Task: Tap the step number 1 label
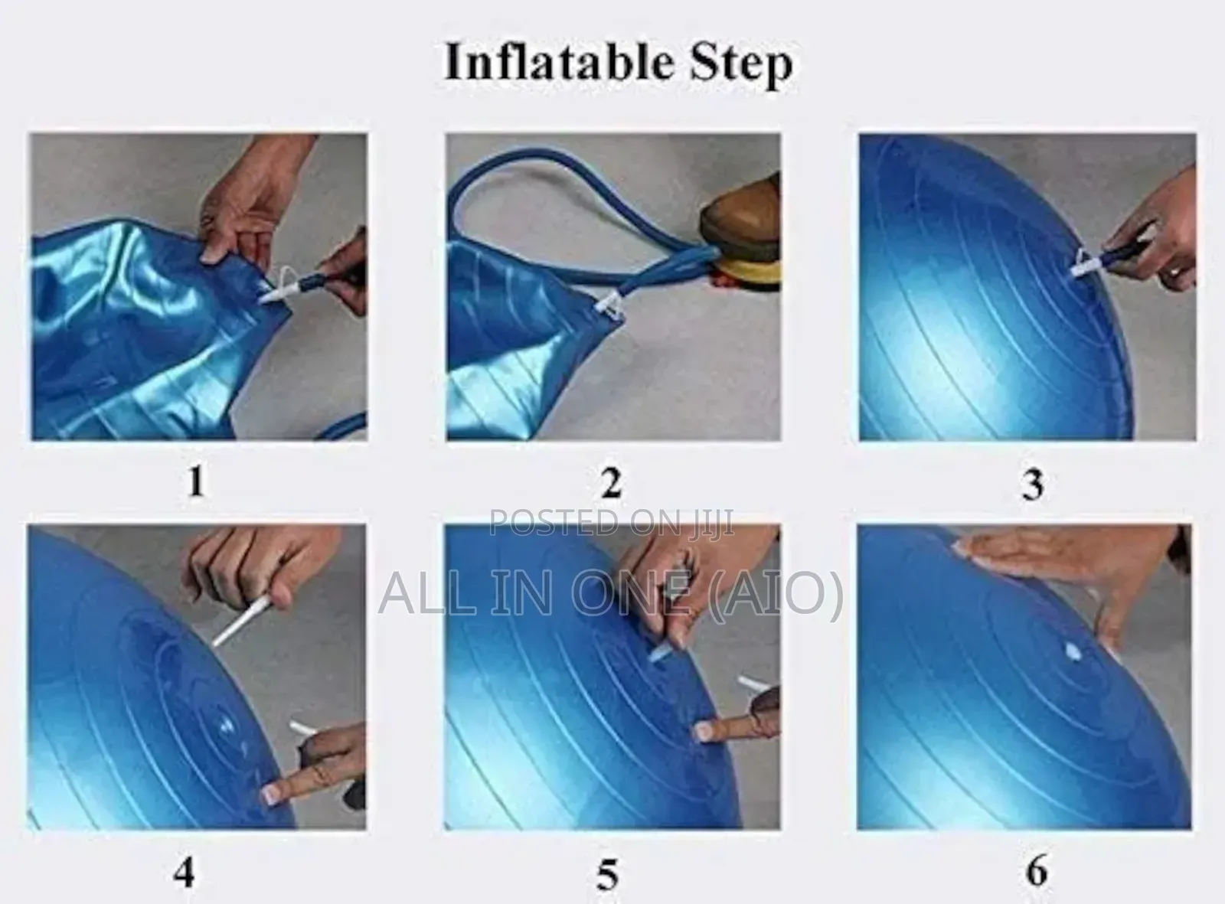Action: [196, 481]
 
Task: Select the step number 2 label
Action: [610, 483]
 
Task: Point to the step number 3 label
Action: [1032, 484]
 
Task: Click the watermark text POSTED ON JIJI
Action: [611, 523]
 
